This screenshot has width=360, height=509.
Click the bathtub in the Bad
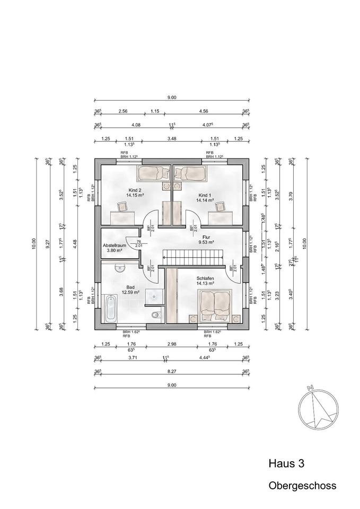click(x=111, y=309)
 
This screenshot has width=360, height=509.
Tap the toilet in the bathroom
click(x=154, y=317)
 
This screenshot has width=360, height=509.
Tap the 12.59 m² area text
click(x=130, y=292)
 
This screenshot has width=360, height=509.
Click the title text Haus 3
click(x=287, y=463)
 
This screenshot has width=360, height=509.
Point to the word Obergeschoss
click(x=302, y=485)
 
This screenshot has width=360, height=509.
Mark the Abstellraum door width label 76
click(x=139, y=241)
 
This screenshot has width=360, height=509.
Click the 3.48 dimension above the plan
click(x=171, y=139)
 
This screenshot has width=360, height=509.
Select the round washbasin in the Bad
click(x=121, y=269)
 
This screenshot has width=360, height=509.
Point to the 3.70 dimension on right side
click(x=305, y=195)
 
